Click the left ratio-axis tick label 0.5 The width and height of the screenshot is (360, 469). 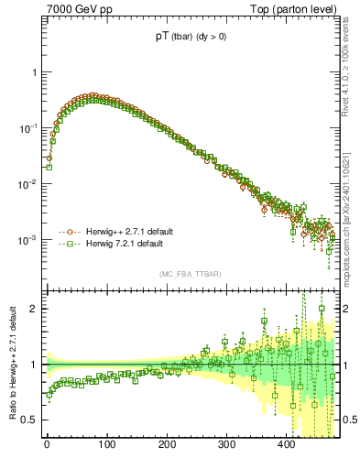(30, 420)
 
